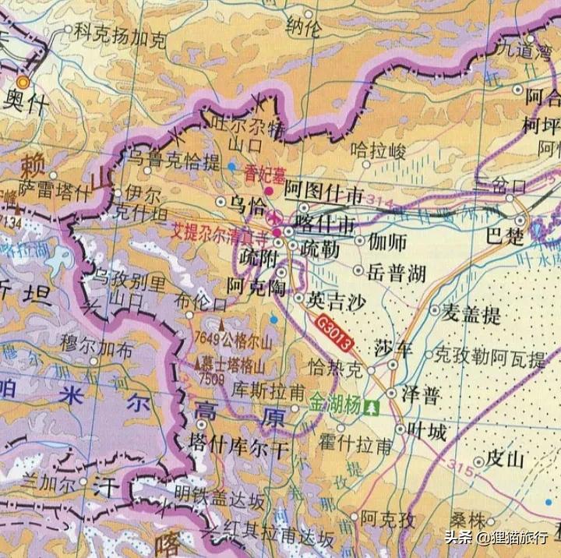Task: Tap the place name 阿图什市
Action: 323,189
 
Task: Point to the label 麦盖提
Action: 471,314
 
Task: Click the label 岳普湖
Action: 397,272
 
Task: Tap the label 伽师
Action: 388,242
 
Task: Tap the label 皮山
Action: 504,458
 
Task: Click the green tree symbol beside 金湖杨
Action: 373,406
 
